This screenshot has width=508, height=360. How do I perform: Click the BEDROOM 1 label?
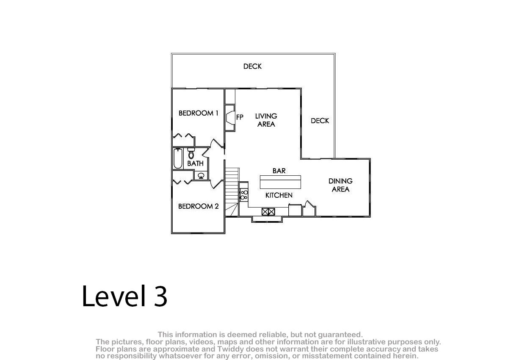coord(199,113)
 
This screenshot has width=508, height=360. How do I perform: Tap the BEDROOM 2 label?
coord(199,206)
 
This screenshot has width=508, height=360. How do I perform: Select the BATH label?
coord(195,163)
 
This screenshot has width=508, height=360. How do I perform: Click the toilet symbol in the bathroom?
coord(191,153)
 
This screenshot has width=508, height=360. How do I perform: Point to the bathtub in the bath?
coord(178,158)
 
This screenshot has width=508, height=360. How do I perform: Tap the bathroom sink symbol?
coord(201,175)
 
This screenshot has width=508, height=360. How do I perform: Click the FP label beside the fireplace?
coord(240,117)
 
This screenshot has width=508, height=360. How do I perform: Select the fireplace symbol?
coord(230,118)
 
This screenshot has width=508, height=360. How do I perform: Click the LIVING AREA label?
coord(266,120)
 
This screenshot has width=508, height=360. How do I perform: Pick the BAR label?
coord(279,171)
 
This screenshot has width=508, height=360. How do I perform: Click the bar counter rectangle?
coord(280,182)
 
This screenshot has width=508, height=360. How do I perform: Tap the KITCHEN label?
coord(279,195)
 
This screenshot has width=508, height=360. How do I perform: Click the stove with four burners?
coord(244,195)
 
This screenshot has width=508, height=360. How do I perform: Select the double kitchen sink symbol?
coord(268,212)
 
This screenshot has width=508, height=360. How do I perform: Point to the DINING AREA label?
coord(340,185)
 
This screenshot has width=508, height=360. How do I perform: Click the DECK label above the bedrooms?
coord(252,66)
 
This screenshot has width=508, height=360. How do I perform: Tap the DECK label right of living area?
coord(320,121)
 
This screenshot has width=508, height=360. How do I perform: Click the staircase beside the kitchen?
coord(232,192)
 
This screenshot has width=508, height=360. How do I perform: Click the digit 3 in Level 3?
coord(160,296)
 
